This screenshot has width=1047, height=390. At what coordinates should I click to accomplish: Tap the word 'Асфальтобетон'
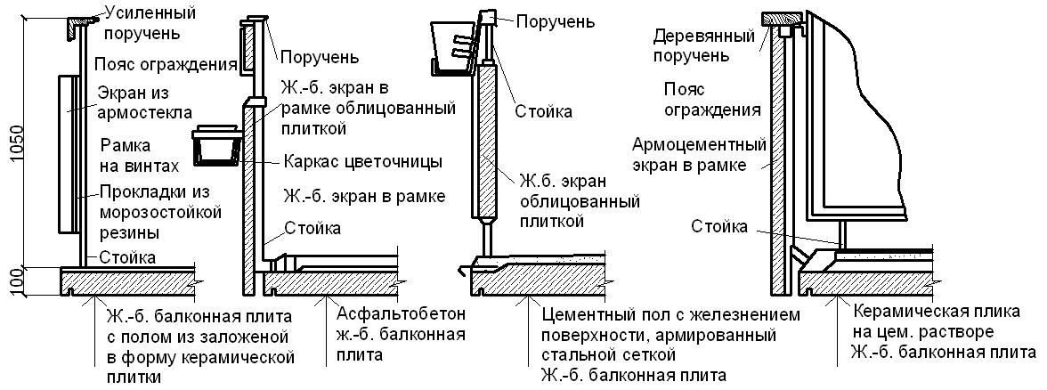tap(401, 313)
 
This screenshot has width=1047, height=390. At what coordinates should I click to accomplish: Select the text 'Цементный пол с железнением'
tap(670, 313)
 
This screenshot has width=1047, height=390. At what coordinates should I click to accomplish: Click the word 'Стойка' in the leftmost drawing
tap(127, 258)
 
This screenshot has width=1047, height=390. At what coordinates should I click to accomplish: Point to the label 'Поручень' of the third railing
tap(555, 21)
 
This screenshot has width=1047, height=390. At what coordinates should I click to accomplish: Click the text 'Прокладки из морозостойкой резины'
tap(160, 212)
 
